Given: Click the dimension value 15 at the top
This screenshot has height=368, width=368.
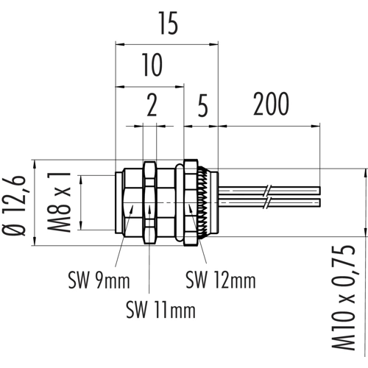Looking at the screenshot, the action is pyautogui.click(x=169, y=24).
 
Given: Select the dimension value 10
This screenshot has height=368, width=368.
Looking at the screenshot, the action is pyautogui.click(x=152, y=65).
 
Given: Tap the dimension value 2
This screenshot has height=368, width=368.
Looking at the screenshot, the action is pyautogui.click(x=152, y=105).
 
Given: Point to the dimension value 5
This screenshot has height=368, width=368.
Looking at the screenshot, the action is pyautogui.click(x=202, y=105).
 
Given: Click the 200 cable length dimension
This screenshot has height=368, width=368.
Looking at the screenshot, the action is pyautogui.click(x=271, y=104).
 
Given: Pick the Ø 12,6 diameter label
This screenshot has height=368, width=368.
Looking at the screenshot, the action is pyautogui.click(x=14, y=205).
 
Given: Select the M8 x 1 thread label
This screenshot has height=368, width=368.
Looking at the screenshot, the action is pyautogui.click(x=59, y=202).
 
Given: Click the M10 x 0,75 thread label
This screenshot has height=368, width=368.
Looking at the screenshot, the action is pyautogui.click(x=344, y=297).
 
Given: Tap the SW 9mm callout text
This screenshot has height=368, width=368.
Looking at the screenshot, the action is pyautogui.click(x=99, y=281).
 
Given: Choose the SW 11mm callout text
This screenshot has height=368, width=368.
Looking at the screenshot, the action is pyautogui.click(x=160, y=310).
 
